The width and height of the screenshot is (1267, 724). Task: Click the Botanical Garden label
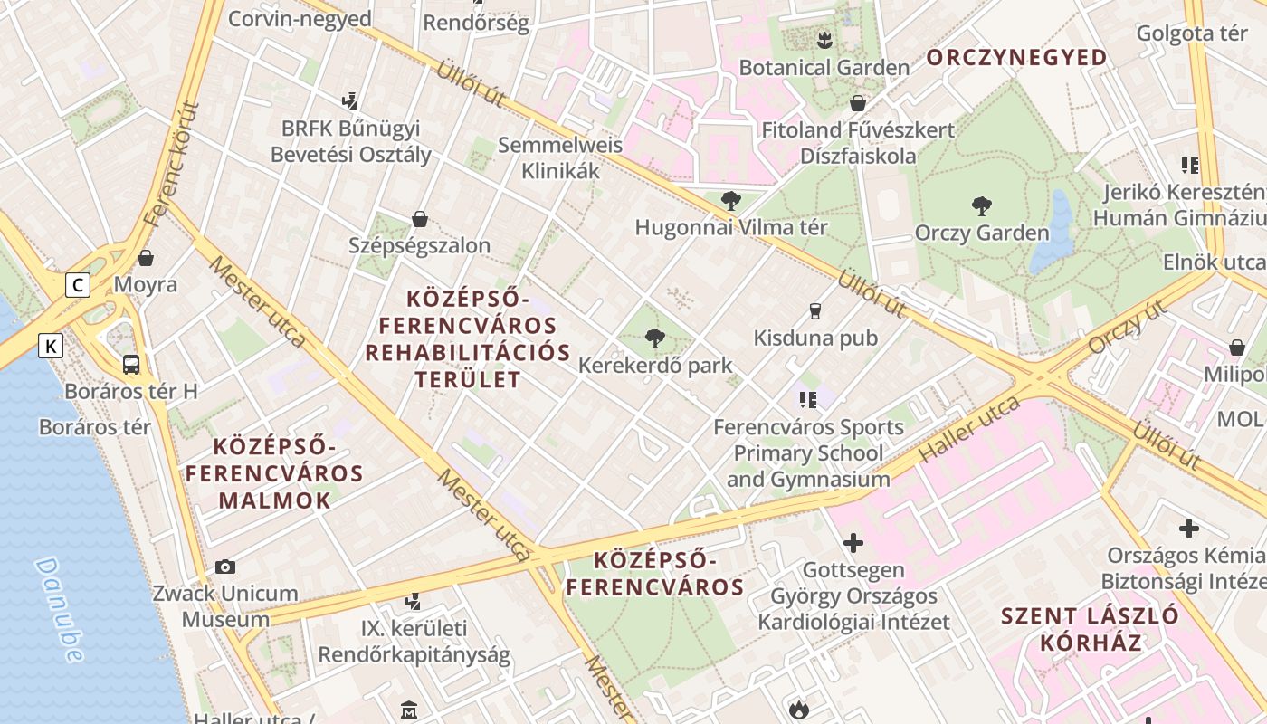coord(824,68)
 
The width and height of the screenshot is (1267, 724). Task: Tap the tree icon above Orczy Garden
coord(981,206)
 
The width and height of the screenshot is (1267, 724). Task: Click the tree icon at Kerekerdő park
coord(654,339)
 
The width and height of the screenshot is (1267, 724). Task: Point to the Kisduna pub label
coord(815,338)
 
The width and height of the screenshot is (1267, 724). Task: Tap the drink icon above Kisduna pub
coord(814,311)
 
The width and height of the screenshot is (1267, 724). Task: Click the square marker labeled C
coord(79,285)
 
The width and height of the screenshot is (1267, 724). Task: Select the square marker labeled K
coord(51,345)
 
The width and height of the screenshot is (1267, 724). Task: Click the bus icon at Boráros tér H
coord(131,365)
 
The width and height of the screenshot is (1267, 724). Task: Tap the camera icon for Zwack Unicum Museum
coord(225,567)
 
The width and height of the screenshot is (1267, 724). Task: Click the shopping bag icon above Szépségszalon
coord(419,219)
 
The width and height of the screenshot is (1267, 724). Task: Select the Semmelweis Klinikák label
coord(560,157)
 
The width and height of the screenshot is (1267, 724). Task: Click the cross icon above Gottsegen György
coord(853,543)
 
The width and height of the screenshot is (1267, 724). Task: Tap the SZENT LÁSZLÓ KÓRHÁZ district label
coord(1090,630)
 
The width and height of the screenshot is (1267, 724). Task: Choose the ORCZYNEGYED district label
coord(1016,58)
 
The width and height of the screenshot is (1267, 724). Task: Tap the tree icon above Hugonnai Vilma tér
coord(730,201)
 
